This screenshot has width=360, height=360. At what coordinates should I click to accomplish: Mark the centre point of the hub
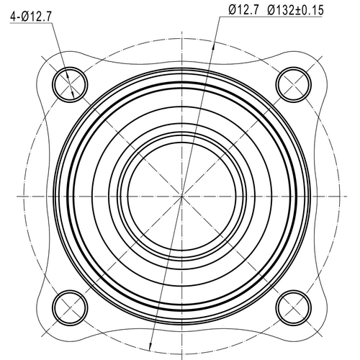click(181, 194)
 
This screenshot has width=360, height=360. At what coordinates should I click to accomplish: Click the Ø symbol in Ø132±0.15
click(272, 9)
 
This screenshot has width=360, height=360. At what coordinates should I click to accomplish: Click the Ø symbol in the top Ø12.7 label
click(232, 9)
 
